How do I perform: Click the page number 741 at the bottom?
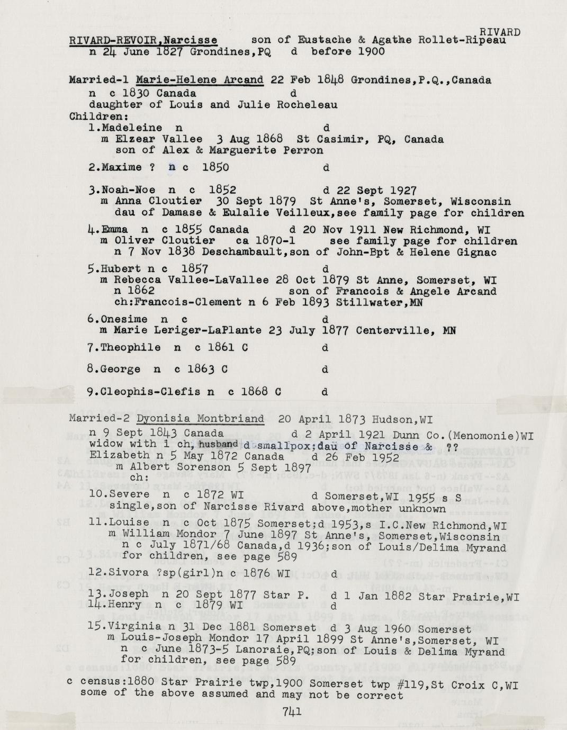(292, 711)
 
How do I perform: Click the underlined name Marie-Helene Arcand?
(200, 80)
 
